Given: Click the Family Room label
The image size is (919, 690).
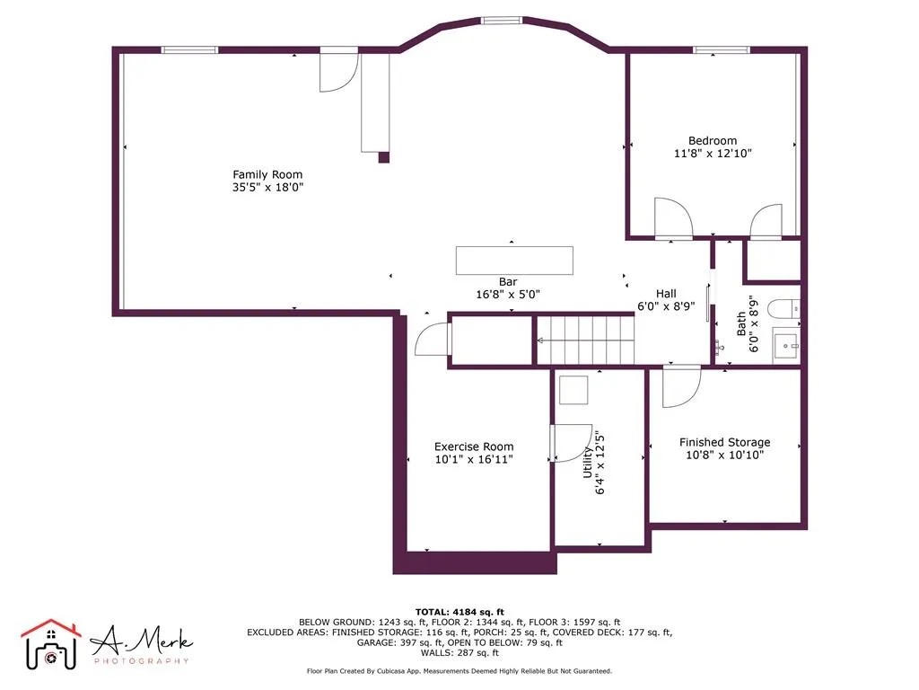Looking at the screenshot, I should [x=267, y=174].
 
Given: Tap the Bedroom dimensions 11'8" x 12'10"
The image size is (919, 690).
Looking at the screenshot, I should [x=713, y=154].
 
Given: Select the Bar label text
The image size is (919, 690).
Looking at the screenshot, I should [x=508, y=281].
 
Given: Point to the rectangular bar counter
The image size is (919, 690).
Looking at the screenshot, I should [x=514, y=261].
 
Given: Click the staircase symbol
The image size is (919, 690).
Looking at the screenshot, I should [x=585, y=341].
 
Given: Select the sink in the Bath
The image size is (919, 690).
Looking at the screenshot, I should [x=786, y=344].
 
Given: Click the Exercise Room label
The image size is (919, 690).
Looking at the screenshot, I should [x=474, y=447].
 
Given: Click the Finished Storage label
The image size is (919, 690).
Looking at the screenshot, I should [x=724, y=442].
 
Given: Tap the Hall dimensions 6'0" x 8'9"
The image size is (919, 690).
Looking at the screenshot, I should [x=666, y=305].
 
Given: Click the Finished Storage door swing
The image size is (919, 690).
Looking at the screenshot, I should [x=679, y=385].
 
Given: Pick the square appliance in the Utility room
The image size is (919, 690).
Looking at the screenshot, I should [x=573, y=391].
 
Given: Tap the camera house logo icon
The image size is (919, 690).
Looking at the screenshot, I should [x=51, y=644].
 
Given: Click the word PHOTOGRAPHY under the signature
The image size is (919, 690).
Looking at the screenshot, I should [x=142, y=661].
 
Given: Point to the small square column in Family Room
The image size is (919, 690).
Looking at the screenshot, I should [x=384, y=157].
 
